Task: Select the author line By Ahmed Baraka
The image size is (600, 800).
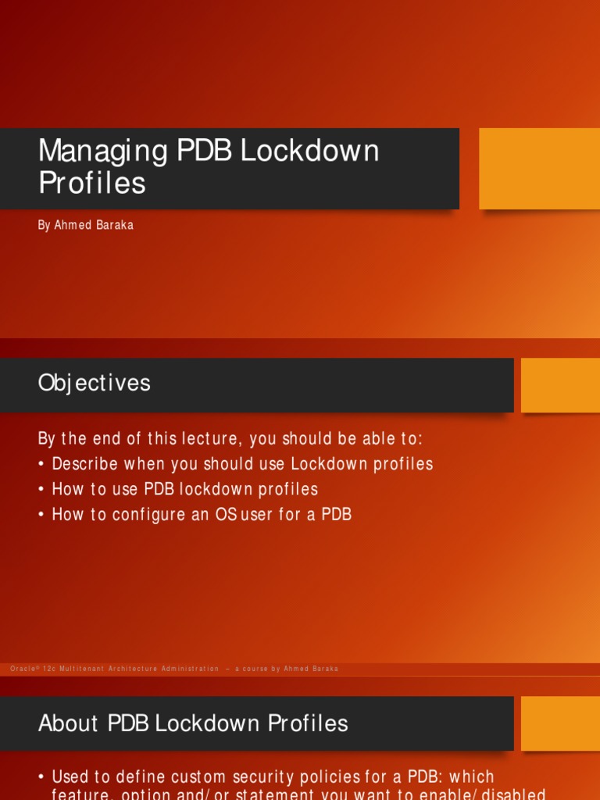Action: pyautogui.click(x=86, y=225)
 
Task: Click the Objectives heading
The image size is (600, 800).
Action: pyautogui.click(x=94, y=383)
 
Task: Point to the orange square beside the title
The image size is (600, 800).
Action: pyautogui.click(x=539, y=168)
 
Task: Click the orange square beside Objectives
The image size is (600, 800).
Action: pyautogui.click(x=560, y=385)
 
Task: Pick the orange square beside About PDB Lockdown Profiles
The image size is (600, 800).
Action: pyautogui.click(x=560, y=723)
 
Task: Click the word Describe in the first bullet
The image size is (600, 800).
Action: pyautogui.click(x=85, y=464)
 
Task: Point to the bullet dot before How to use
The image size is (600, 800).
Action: pyautogui.click(x=41, y=490)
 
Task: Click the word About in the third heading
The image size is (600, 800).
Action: pyautogui.click(x=68, y=723)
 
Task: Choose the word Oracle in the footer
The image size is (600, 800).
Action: pyautogui.click(x=24, y=669)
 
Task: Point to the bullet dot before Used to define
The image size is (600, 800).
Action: pyautogui.click(x=41, y=777)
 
